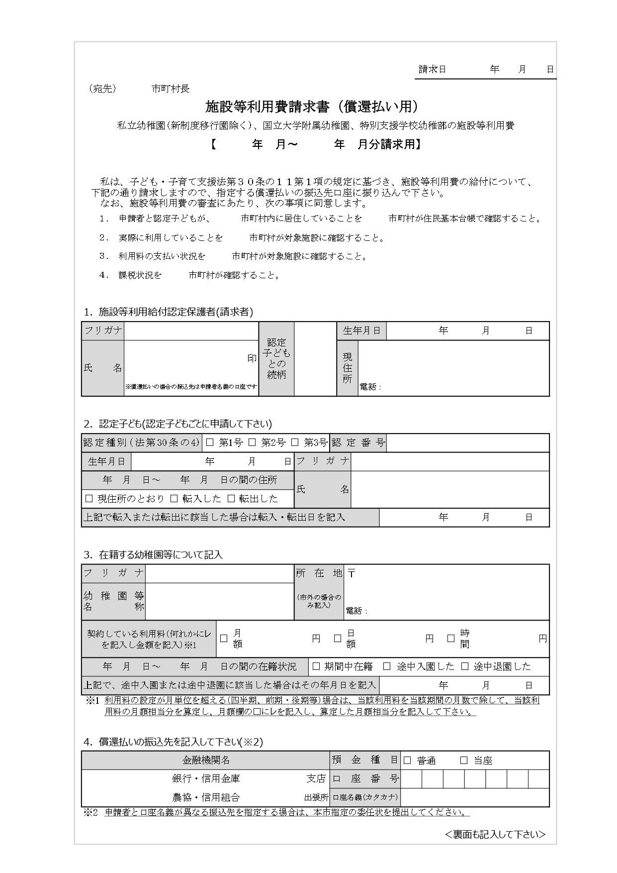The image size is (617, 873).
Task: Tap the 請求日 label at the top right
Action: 432,70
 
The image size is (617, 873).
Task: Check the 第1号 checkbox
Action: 210,442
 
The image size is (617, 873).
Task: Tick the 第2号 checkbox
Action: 252,442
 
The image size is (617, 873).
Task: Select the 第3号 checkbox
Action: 294,442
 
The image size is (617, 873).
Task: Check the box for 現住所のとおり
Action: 89,498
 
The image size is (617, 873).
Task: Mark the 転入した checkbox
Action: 174,498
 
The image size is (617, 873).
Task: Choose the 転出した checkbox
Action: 231,498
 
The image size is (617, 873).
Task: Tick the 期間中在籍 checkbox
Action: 316,666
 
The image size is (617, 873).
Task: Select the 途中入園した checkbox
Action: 387,666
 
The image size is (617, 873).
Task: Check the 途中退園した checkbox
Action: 465,666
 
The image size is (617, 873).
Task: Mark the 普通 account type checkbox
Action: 408,760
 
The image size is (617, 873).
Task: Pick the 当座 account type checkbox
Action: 464,760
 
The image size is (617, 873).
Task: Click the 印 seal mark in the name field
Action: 252,358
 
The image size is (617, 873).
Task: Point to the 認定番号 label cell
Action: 358,442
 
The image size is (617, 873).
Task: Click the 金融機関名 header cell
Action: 206,760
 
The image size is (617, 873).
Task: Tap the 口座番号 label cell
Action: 365,779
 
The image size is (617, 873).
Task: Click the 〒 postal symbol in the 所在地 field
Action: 352,573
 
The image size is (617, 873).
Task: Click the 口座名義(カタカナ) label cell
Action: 365,797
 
